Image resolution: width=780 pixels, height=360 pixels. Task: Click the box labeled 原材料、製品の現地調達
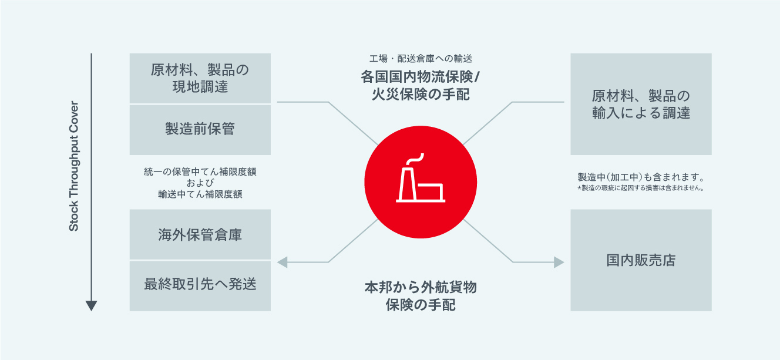pyautogui.click(x=200, y=78)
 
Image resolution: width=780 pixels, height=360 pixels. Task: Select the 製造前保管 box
pyautogui.click(x=200, y=129)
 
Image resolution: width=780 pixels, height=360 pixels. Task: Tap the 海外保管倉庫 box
pyautogui.click(x=200, y=235)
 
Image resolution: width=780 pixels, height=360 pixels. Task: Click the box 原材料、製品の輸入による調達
pyautogui.click(x=641, y=104)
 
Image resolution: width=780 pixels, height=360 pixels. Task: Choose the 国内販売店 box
pyautogui.click(x=641, y=260)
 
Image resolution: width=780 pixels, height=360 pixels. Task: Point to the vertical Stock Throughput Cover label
pyautogui.click(x=74, y=168)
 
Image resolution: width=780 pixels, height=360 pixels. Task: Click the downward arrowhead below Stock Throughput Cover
pyautogui.click(x=91, y=305)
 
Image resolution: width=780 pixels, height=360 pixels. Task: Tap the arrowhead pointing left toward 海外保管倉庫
pyautogui.click(x=283, y=262)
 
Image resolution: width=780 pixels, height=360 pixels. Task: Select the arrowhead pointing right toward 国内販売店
pyautogui.click(x=559, y=262)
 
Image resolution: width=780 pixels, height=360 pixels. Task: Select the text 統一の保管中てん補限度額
pyautogui.click(x=200, y=173)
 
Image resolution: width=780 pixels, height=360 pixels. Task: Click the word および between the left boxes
pyautogui.click(x=200, y=183)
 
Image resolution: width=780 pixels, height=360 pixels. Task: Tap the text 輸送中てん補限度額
pyautogui.click(x=200, y=194)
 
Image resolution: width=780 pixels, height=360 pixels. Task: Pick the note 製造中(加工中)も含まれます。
pyautogui.click(x=641, y=177)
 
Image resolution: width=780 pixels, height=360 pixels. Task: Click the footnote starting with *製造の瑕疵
pyautogui.click(x=641, y=189)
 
